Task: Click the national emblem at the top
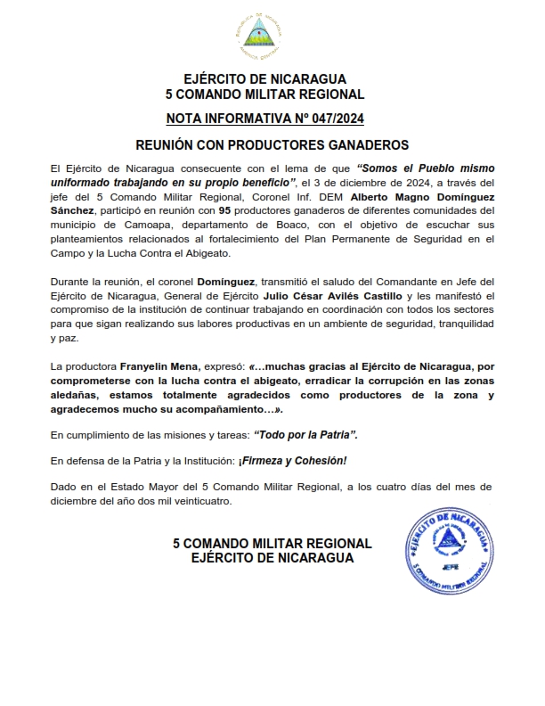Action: coord(258,35)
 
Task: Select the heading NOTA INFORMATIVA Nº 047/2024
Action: coord(264,118)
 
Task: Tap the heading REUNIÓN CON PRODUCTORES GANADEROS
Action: coord(272,144)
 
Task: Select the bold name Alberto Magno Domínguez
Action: coord(416,196)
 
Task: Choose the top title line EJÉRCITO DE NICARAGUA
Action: coord(264,79)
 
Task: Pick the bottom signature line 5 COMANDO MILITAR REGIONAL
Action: coord(272,544)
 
